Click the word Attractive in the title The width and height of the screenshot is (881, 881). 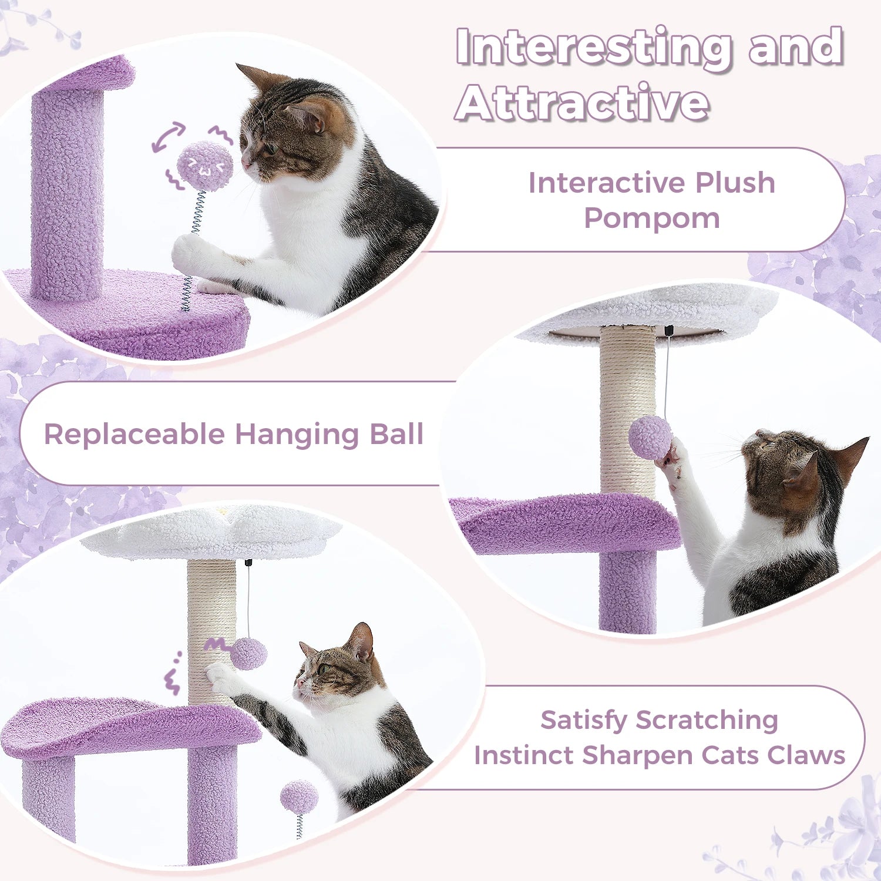pyautogui.click(x=581, y=103)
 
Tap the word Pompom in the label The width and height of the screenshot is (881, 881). pyautogui.click(x=651, y=218)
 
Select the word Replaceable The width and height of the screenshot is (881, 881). pyautogui.click(x=134, y=435)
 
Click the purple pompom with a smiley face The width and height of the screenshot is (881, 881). pyautogui.click(x=205, y=166)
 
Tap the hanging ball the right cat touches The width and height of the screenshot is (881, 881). pyautogui.click(x=650, y=438)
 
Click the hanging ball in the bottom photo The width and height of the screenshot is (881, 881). pyautogui.click(x=248, y=654)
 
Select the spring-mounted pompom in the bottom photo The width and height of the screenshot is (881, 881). pyautogui.click(x=299, y=798)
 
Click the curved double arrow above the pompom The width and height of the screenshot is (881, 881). pyautogui.click(x=168, y=137)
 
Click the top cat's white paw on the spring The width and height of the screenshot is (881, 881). pyautogui.click(x=191, y=253)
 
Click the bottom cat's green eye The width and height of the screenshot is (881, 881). pyautogui.click(x=321, y=668)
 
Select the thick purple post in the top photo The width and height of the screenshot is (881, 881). pyautogui.click(x=67, y=194)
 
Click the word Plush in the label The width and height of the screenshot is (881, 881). pyautogui.click(x=735, y=183)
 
